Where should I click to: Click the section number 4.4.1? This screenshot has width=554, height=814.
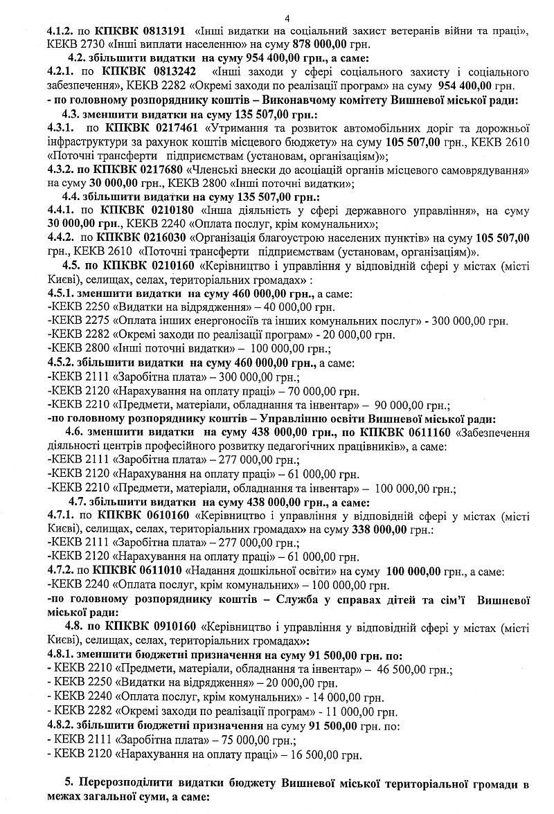60,211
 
